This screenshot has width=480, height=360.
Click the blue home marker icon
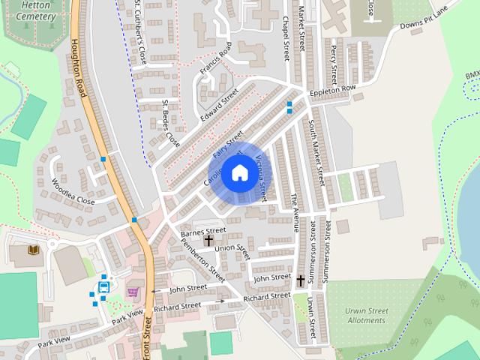pos(239,173)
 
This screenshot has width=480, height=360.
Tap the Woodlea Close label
pos(73,192)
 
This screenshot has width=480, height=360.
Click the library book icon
pos(33,249)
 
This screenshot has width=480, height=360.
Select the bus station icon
pos(103,286)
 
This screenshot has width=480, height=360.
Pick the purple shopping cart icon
pos(133,292)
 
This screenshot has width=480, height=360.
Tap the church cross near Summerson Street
pos(301,280)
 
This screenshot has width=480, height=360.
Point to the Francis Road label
pos(217,64)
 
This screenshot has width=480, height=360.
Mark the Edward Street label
pos(219,105)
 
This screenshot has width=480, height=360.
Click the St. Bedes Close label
pos(172,121)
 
